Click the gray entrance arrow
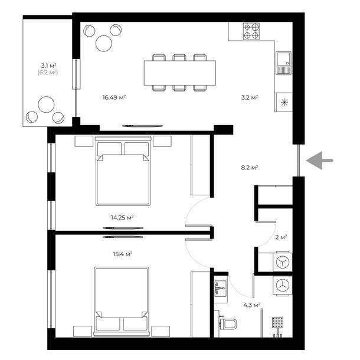coord(319,161)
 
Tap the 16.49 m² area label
coord(114,97)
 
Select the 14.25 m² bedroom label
coord(122,217)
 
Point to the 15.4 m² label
coord(123,254)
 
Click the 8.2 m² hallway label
coord(250,168)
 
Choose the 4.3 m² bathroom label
coord(251,305)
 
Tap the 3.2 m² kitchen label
coord(250,97)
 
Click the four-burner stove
coord(251,31)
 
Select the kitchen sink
coord(283,63)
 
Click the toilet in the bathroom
coord(228,324)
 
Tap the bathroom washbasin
coord(220,288)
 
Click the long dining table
coord(180,73)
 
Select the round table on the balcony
coord(47,104)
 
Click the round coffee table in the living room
coord(104,43)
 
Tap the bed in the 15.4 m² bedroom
coord(122,302)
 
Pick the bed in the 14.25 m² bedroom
coord(123,171)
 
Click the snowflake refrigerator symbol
coord(284,103)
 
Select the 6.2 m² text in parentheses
coord(47,73)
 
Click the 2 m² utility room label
coord(281,237)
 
